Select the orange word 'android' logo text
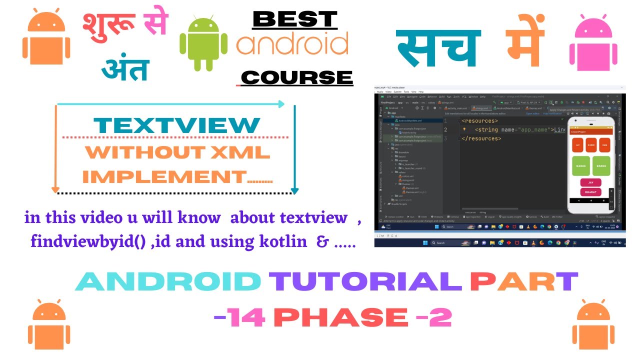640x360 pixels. tap(292, 45)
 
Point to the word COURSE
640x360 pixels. tap(296, 77)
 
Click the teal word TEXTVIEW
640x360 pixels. tap(177, 125)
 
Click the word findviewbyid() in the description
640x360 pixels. tap(88, 241)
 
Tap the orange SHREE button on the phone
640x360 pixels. tap(591, 144)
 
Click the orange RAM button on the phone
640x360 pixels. tap(604, 144)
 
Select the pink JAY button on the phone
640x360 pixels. tap(590, 182)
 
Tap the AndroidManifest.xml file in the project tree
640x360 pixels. tap(410, 120)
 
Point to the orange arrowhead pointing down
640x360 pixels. tap(55, 190)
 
